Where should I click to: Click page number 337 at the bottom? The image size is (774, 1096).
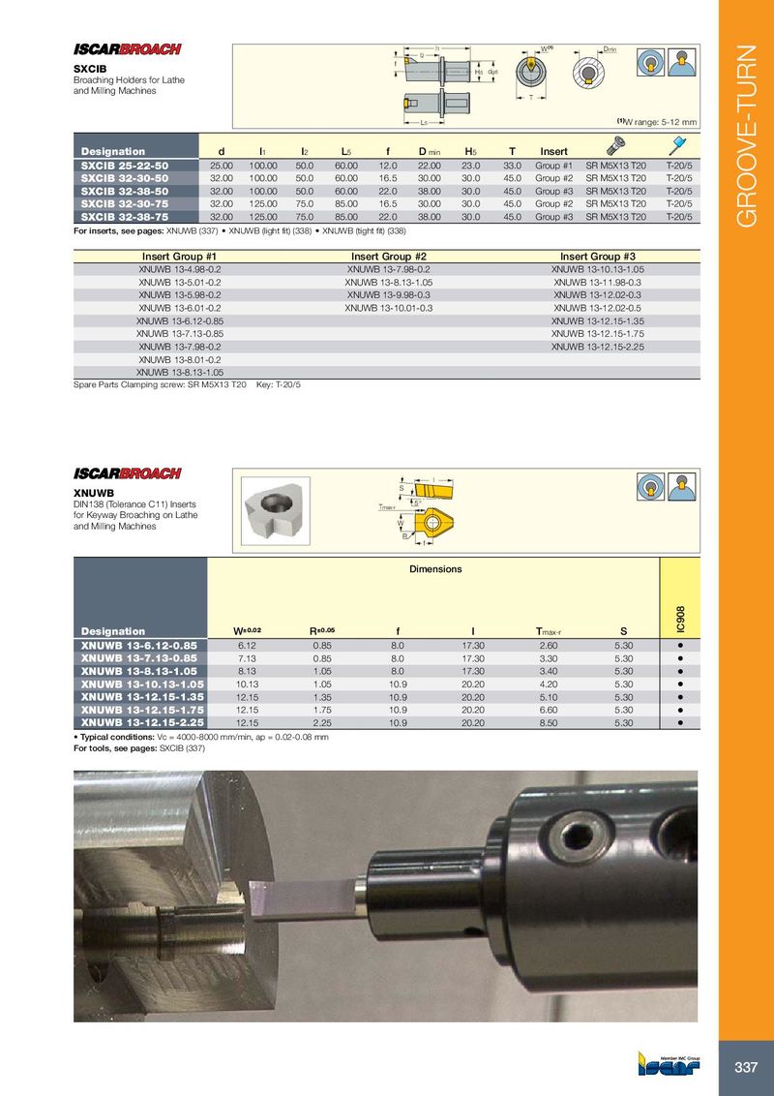click(746, 1067)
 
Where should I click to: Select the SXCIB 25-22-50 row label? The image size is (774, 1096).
click(125, 167)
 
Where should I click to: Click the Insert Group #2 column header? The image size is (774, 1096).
click(388, 257)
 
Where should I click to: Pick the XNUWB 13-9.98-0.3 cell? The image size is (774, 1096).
click(388, 294)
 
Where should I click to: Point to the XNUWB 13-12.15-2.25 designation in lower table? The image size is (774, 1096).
click(138, 721)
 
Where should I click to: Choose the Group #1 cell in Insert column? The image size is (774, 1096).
click(554, 167)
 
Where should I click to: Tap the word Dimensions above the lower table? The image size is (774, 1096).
click(435, 569)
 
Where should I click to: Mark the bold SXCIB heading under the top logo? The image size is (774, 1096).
click(91, 69)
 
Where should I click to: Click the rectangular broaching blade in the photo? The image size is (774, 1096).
click(301, 894)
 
